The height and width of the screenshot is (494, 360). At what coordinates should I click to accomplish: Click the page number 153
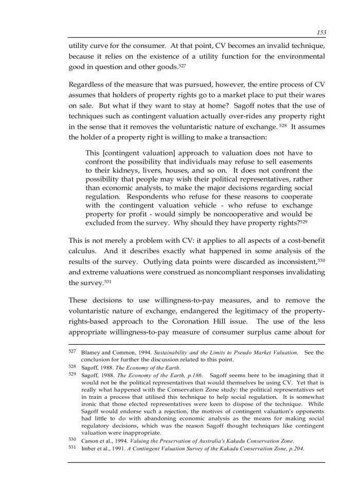tap(321, 32)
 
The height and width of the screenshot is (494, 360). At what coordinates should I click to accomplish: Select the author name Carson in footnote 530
tap(93, 440)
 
